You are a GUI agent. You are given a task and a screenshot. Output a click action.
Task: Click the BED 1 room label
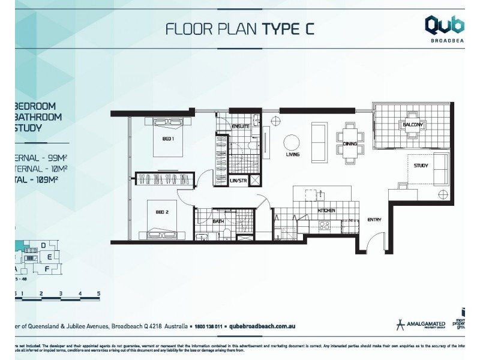[x=168, y=139]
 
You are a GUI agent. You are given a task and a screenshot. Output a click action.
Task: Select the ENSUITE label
[x=241, y=126]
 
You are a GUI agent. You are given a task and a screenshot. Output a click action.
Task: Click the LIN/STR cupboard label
[x=238, y=180]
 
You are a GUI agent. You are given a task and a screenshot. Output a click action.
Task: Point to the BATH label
[x=218, y=221]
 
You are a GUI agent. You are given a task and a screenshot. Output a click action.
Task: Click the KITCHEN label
[x=326, y=211]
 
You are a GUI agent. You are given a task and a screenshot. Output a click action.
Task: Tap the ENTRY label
[x=374, y=220]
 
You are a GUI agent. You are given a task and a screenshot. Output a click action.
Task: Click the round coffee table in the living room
[x=292, y=142]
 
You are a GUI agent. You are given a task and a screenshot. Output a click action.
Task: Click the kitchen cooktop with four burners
[x=324, y=225]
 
